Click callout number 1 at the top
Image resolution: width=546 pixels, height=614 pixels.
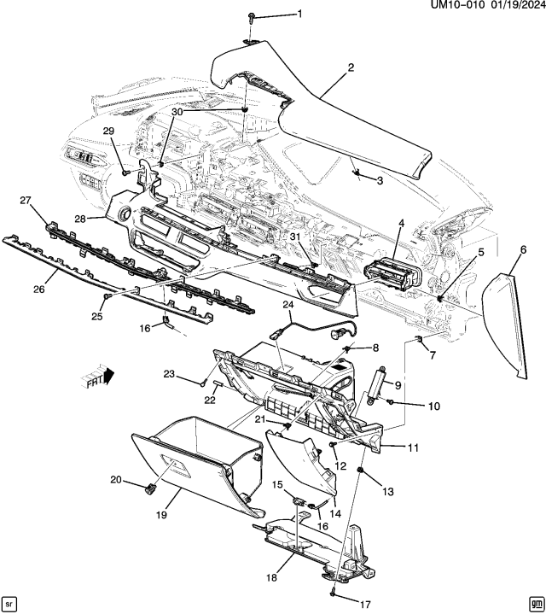click(299, 13)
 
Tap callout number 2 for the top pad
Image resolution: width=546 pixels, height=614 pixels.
click(351, 67)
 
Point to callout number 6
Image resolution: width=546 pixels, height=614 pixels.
click(521, 249)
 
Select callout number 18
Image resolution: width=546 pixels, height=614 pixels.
click(271, 578)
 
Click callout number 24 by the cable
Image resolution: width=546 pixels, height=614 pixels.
click(288, 303)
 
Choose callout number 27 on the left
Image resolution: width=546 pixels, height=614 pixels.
click(25, 200)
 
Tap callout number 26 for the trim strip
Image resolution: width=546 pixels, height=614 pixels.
click(38, 289)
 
